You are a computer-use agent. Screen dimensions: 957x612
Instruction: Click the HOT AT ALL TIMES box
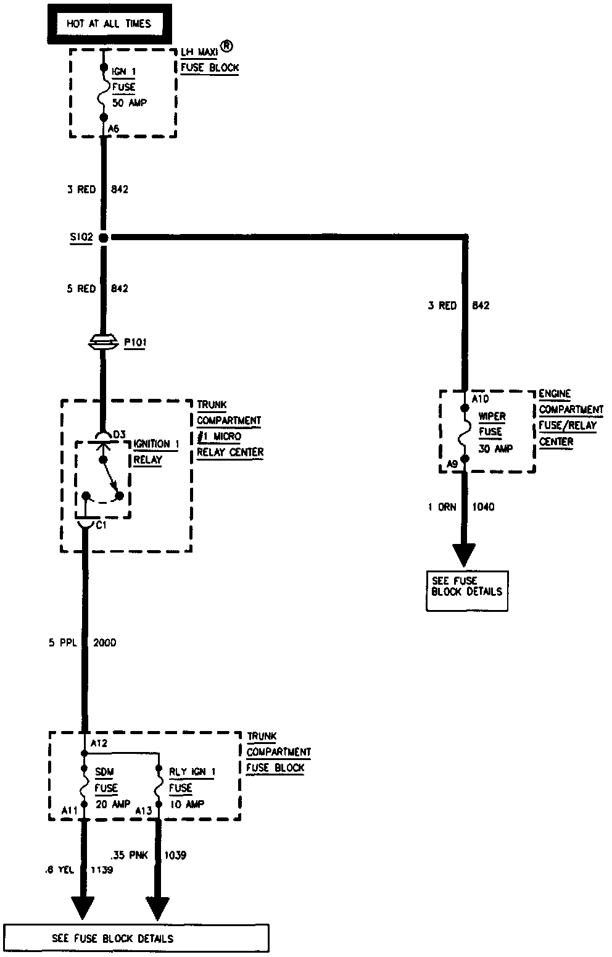(x=109, y=24)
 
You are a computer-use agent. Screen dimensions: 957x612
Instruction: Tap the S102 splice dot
(x=104, y=237)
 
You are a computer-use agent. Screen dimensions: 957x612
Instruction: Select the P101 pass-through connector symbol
(x=104, y=341)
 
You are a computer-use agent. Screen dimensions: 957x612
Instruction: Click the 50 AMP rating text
(x=130, y=102)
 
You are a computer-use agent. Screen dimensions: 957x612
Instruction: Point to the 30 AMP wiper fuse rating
(x=495, y=448)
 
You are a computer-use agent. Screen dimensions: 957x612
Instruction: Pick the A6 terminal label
(x=113, y=128)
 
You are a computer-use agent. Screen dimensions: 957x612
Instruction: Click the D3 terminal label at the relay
(x=120, y=435)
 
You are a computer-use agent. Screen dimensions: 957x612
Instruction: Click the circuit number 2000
(x=104, y=643)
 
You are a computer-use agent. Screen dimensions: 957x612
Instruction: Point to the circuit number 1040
(x=483, y=507)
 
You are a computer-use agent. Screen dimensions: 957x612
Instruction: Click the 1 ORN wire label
(x=442, y=507)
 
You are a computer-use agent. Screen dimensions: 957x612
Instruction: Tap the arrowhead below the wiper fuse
(x=463, y=552)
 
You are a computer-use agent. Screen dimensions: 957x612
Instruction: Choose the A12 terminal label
(x=99, y=743)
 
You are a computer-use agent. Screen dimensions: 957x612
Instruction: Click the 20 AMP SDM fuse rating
(x=114, y=804)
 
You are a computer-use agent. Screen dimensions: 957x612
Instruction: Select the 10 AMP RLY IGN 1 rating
(x=187, y=804)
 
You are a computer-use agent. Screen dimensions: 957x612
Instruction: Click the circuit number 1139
(x=102, y=869)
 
